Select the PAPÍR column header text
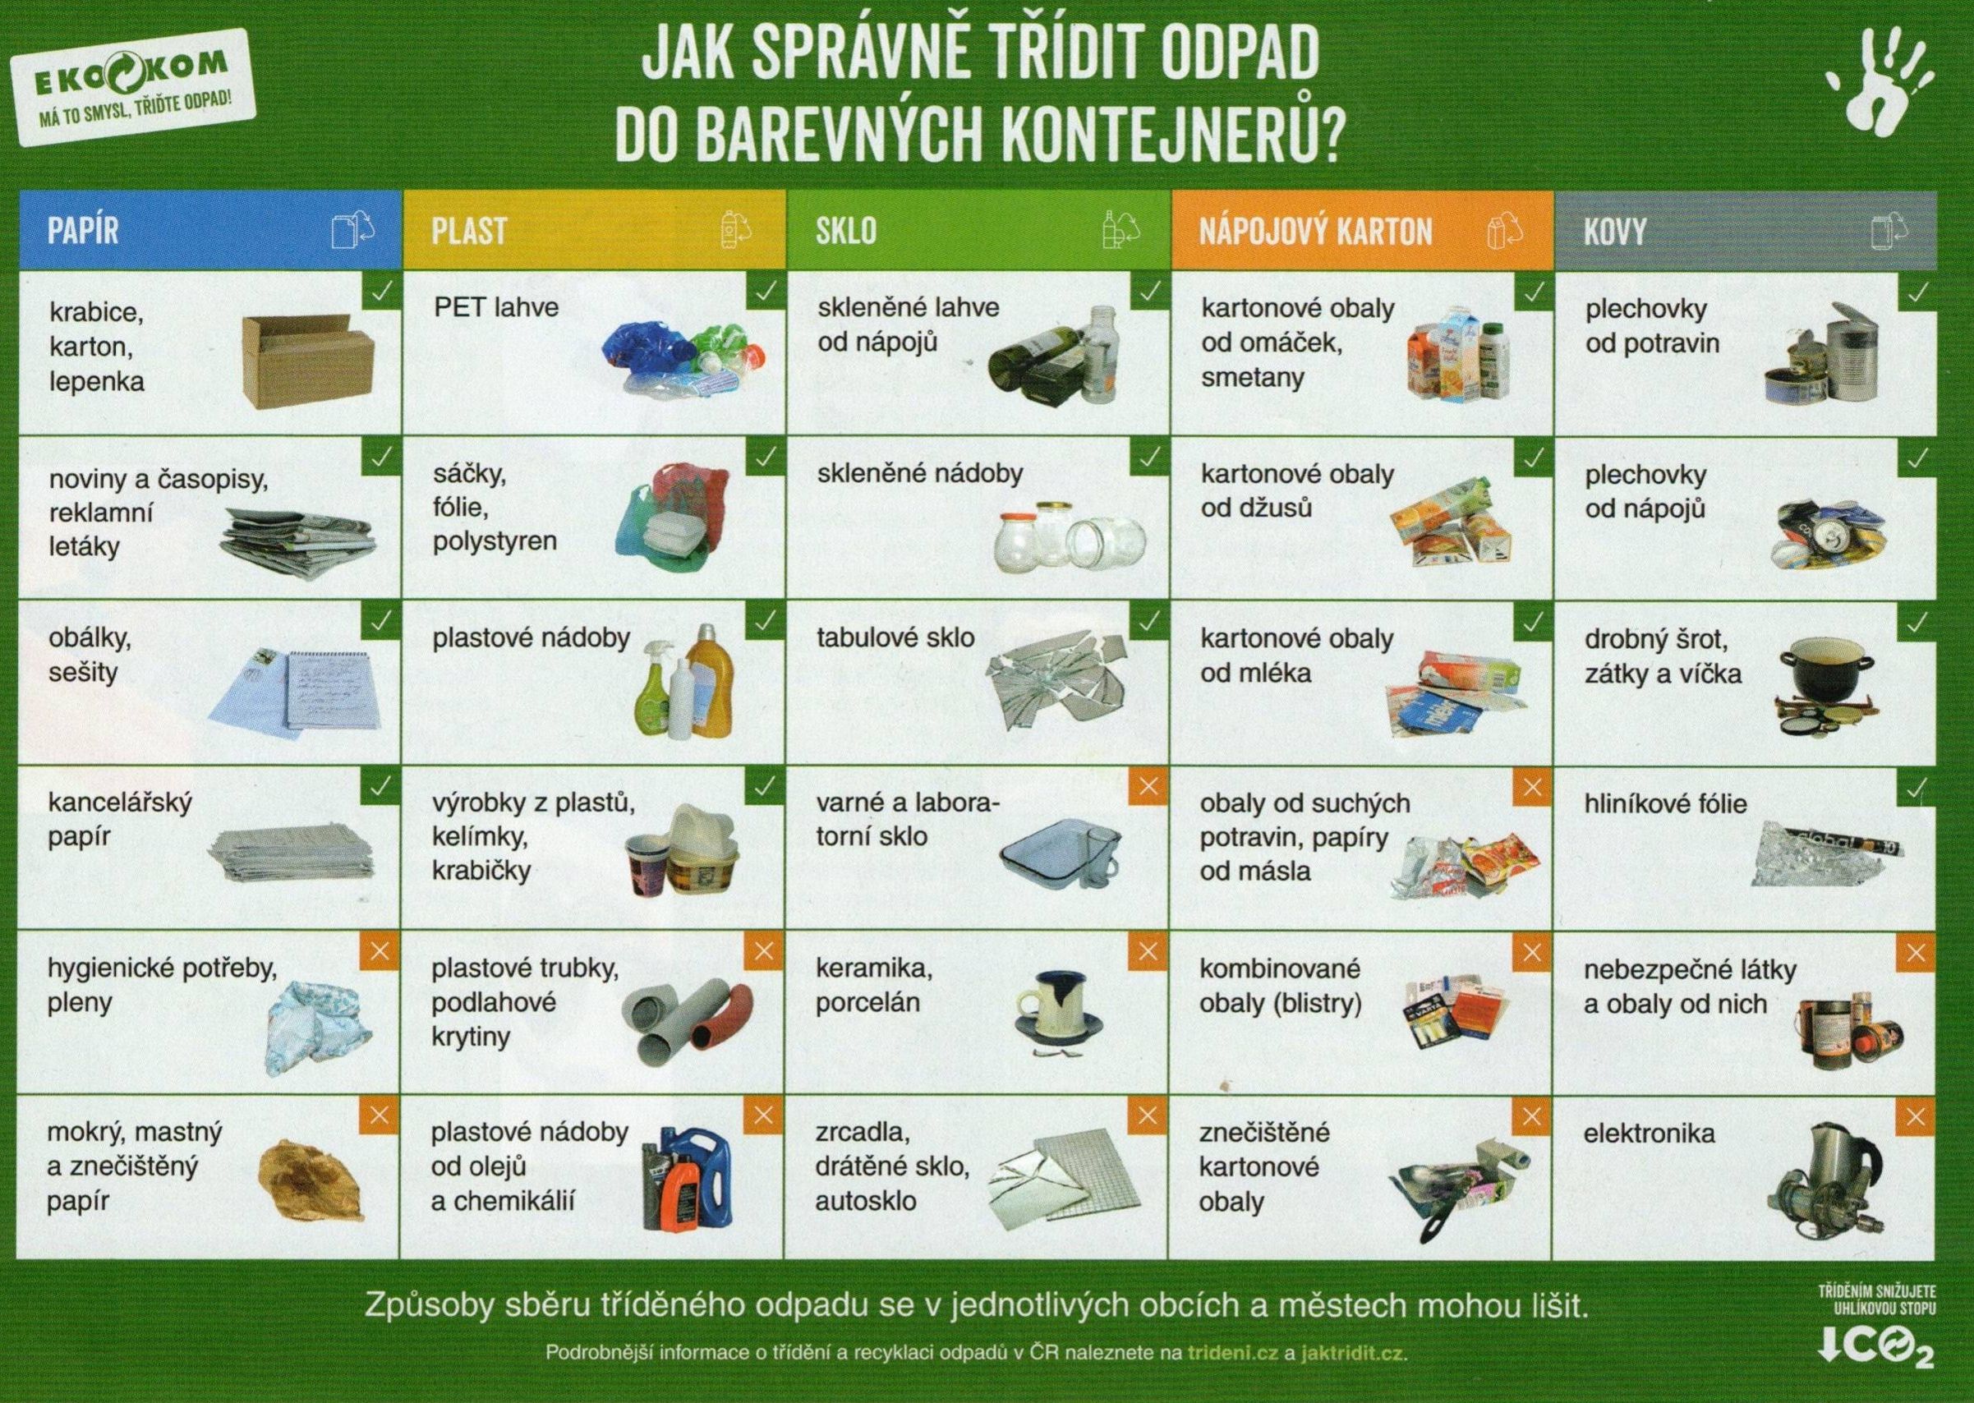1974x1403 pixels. point(83,232)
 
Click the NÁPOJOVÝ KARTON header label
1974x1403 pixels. point(1315,232)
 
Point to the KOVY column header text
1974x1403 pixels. point(1616,232)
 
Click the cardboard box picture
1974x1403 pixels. point(307,361)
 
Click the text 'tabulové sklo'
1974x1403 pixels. point(896,638)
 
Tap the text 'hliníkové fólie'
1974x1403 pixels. point(1666,804)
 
